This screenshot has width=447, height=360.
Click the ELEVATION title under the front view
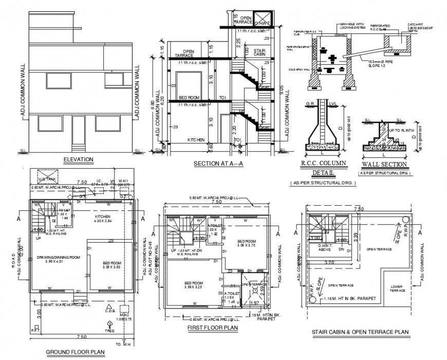(78, 159)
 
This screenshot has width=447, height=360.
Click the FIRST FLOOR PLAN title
(212, 327)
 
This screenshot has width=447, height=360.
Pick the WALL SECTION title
(384, 165)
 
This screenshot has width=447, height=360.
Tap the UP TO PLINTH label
(398, 132)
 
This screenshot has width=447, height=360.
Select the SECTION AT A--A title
(218, 164)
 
